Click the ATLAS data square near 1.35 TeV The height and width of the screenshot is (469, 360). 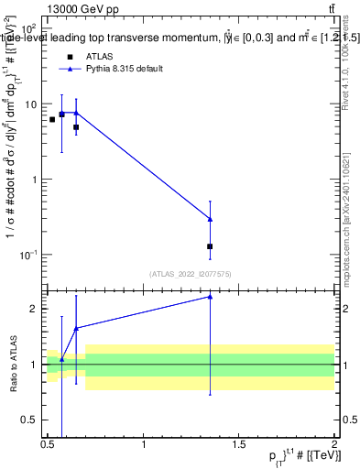pyautogui.click(x=211, y=246)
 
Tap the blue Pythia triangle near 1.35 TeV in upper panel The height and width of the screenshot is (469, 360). pyautogui.click(x=211, y=219)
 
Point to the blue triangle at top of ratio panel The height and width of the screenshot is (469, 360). pyautogui.click(x=211, y=296)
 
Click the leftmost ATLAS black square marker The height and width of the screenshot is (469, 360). pyautogui.click(x=52, y=119)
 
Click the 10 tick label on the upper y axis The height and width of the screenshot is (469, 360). pyautogui.click(x=32, y=104)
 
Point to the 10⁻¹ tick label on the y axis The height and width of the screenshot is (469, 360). pyautogui.click(x=30, y=254)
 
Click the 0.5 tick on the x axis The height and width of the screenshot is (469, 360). pyautogui.click(x=48, y=444)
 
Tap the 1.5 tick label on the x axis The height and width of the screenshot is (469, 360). pyautogui.click(x=239, y=444)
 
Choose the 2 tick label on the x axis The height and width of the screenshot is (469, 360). pyautogui.click(x=334, y=444)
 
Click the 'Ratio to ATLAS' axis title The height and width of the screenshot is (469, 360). pyautogui.click(x=13, y=364)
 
